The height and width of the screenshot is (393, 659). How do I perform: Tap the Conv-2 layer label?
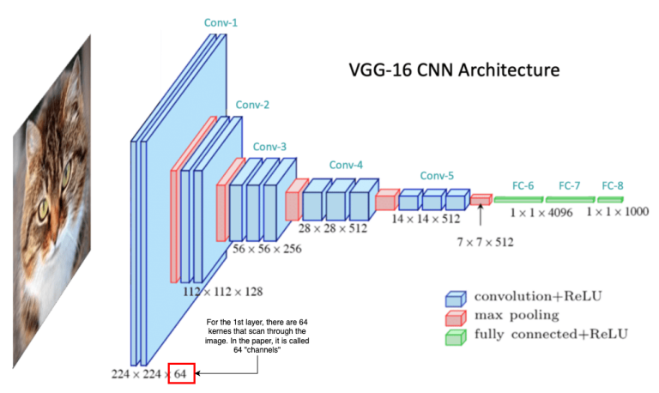click(x=252, y=105)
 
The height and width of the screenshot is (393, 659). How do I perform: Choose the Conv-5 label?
click(x=437, y=176)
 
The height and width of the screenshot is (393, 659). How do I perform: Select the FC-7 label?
click(x=570, y=185)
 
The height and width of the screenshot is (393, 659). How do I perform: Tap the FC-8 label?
click(x=613, y=185)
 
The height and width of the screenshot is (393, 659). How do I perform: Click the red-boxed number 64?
click(x=182, y=374)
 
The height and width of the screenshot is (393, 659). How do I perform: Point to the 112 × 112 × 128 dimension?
click(x=224, y=291)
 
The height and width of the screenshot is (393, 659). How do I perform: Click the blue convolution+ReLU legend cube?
click(x=453, y=298)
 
